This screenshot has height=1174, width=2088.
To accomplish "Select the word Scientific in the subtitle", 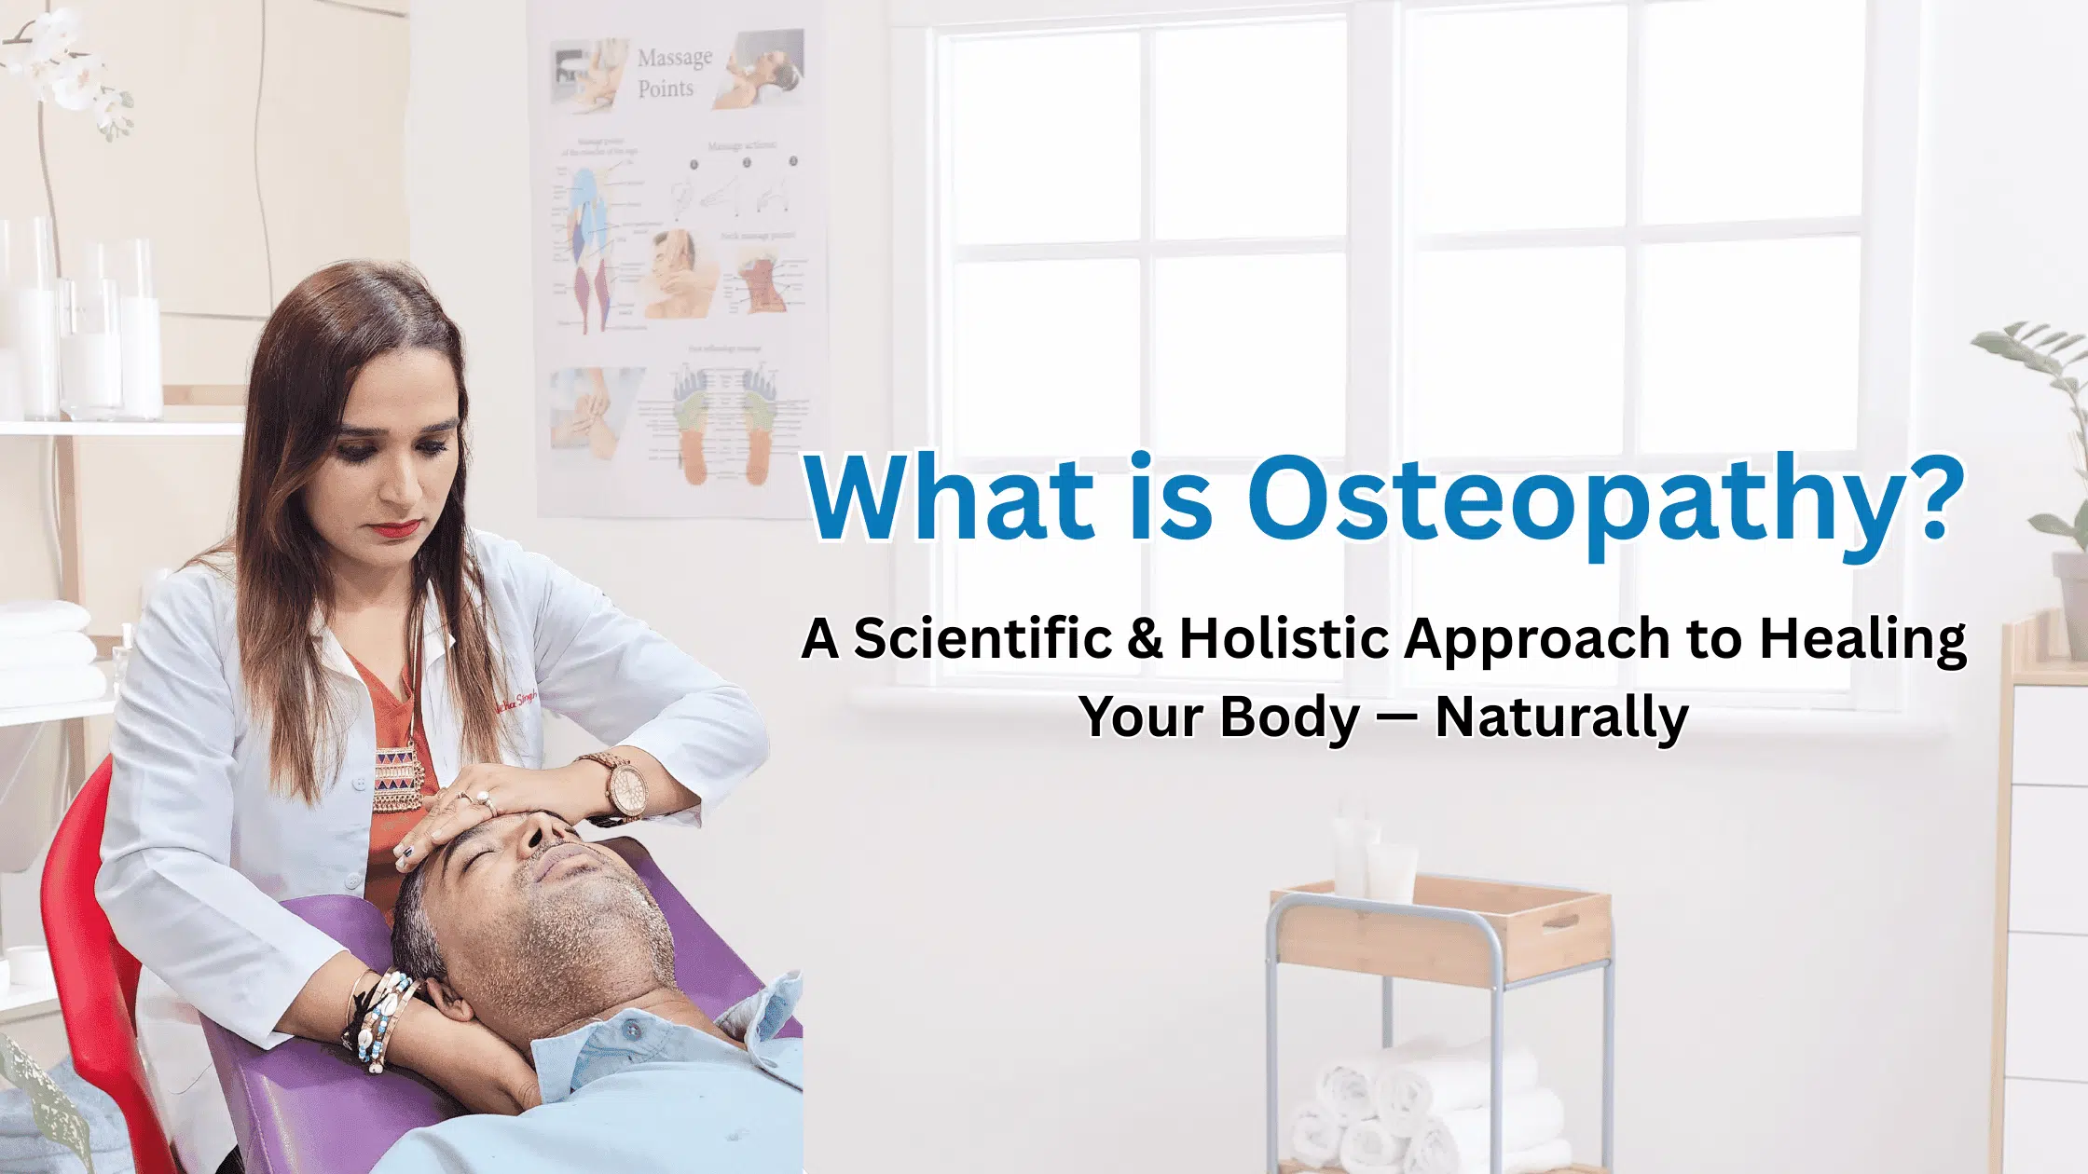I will pyautogui.click(x=982, y=639).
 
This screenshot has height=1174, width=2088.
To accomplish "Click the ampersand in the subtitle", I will pyautogui.click(x=1145, y=639).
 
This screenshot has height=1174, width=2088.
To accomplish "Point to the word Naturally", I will pyautogui.click(x=1561, y=717).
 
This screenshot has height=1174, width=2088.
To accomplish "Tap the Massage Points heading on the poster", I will pyautogui.click(x=674, y=73).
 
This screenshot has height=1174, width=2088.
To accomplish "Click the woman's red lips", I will pyautogui.click(x=395, y=528).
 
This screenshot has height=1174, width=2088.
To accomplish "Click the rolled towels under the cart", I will pyautogui.click(x=1426, y=1109).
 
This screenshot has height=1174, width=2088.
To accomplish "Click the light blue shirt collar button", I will pyautogui.click(x=634, y=1031).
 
